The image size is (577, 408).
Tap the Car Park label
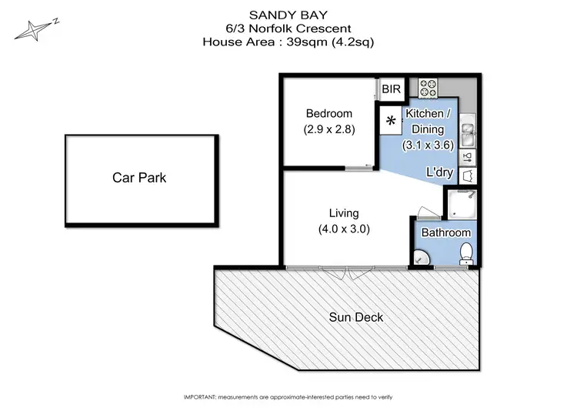point(138,178)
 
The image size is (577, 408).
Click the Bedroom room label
point(329,114)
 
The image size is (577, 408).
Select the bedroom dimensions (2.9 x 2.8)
point(329,129)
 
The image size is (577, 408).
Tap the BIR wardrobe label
point(392,90)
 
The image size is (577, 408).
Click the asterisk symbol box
point(391,121)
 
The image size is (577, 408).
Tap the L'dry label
point(439,173)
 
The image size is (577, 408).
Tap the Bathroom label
point(445,232)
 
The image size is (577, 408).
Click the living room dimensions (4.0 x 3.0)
point(344,229)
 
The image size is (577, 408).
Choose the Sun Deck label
point(355,317)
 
